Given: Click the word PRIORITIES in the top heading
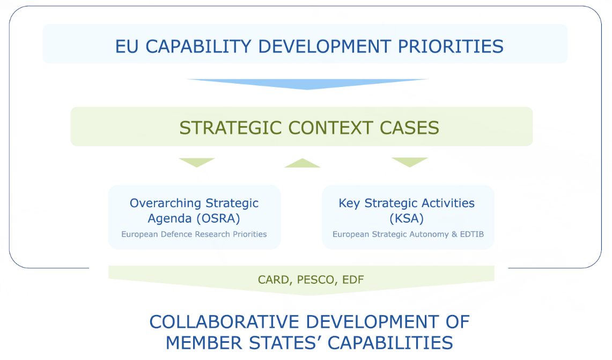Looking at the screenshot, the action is tap(451, 47).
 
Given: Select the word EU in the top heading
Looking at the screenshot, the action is tap(127, 47).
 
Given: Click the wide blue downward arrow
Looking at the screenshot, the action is tap(307, 84).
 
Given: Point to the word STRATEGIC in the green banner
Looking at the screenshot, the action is tap(230, 128).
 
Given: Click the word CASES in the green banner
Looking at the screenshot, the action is tap(409, 128).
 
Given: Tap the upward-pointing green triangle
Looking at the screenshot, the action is tap(303, 163).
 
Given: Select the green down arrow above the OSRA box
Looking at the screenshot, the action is tap(197, 163).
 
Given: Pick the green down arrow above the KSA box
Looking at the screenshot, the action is tap(410, 163).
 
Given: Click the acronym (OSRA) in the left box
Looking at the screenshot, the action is tap(218, 218).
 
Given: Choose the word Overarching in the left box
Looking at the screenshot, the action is tap(165, 203).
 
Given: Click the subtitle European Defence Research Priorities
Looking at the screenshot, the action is tap(194, 234).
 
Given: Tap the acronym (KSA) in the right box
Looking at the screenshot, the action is tap(407, 218).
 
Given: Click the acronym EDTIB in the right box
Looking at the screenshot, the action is tap(472, 234).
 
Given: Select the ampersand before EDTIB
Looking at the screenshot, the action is tap(454, 234).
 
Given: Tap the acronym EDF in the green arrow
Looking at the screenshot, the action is tap(353, 280).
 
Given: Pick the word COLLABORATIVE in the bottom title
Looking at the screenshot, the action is tap(225, 322).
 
